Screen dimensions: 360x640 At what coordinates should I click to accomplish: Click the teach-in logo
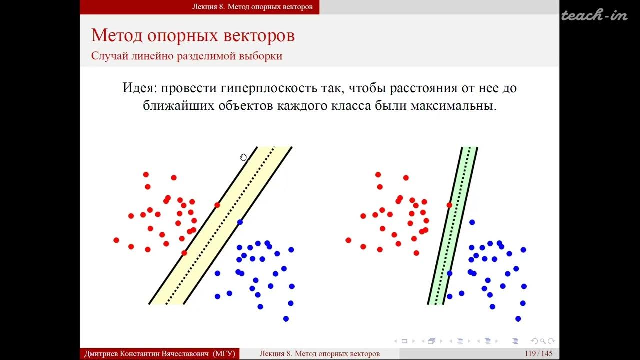[594, 16]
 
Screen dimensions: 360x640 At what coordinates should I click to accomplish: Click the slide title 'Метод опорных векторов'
[193, 36]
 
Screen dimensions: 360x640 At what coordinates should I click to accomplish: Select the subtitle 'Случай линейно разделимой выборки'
[186, 55]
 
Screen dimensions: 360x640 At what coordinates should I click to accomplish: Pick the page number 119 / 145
[538, 354]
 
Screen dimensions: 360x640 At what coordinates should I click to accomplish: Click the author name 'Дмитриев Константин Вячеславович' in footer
[147, 354]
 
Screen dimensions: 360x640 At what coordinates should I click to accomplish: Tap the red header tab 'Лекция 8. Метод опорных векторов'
[252, 7]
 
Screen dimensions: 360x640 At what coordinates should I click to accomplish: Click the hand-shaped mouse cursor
[243, 158]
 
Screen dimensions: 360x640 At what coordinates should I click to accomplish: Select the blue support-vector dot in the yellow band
[240, 222]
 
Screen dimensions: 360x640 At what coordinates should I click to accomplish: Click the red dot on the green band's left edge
[449, 205]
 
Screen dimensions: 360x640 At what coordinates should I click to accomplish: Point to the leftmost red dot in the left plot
[116, 240]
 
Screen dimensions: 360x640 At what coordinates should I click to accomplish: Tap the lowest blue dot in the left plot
[286, 318]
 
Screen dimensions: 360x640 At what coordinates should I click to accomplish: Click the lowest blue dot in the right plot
[518, 318]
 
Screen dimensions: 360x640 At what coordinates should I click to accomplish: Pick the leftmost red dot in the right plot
[348, 240]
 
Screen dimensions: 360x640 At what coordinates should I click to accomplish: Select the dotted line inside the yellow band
[220, 225]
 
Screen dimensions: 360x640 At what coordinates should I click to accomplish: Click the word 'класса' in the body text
[350, 106]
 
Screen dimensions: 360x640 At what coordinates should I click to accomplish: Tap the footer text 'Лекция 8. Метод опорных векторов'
[319, 354]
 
